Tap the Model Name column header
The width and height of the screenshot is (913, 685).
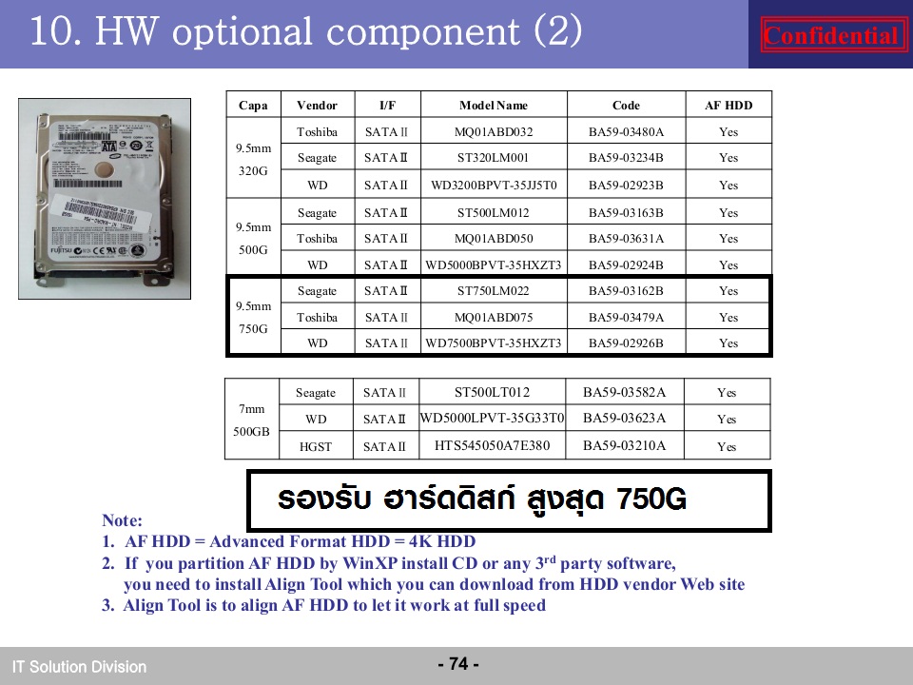pos(494,106)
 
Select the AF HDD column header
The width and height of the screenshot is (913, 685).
pos(728,106)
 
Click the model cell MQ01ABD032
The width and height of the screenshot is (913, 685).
pos(494,131)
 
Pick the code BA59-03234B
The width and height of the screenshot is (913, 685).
pos(626,157)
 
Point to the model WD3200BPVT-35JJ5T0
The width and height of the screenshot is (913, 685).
pos(494,186)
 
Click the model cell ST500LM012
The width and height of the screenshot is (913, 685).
pos(494,212)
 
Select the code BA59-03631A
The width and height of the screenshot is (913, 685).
pos(626,238)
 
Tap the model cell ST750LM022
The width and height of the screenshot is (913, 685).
pos(494,291)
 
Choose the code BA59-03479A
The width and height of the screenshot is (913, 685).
pos(626,318)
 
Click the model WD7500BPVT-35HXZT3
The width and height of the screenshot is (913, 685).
pos(494,343)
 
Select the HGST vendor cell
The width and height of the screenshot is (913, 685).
pos(316,447)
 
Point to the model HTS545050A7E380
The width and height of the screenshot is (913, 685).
pos(492,445)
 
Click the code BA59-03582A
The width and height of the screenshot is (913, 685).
pos(624,392)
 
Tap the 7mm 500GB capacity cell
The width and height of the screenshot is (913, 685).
pos(251,420)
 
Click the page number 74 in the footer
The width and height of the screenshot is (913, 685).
pos(458,663)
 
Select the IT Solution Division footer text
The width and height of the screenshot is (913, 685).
pos(79,666)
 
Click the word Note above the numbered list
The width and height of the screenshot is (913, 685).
pos(122,520)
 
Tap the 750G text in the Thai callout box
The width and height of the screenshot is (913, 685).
pos(651,499)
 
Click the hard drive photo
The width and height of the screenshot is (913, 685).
pos(105,199)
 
